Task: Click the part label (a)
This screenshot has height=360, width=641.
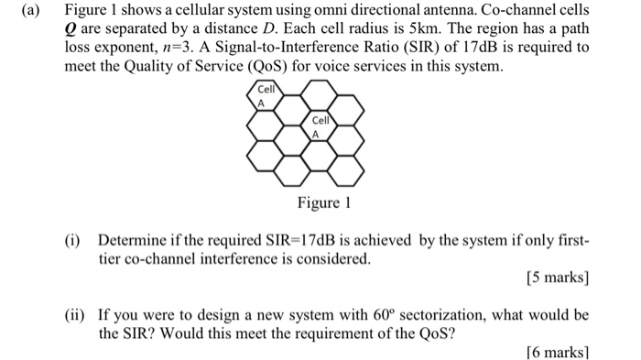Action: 16,11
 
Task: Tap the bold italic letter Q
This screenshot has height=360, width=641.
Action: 69,29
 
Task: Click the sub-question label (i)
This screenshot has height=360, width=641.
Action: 73,242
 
